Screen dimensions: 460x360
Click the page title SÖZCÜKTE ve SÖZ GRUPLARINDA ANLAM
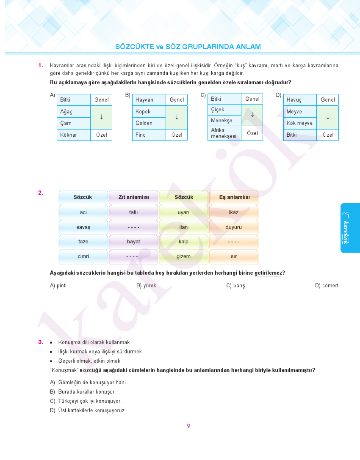click(188, 47)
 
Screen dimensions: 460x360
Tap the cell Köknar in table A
click(73, 135)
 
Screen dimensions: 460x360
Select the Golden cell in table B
click(148, 123)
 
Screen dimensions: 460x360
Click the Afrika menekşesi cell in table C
click(224, 133)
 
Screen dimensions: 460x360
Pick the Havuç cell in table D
click(299, 100)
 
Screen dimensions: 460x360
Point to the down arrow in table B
click(177, 117)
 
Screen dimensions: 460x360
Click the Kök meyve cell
click(299, 123)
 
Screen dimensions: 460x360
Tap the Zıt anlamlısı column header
click(134, 197)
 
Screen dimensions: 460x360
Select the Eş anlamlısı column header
click(234, 197)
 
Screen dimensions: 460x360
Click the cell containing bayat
click(134, 242)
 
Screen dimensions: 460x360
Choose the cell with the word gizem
click(184, 256)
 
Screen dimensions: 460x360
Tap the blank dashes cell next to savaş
click(134, 227)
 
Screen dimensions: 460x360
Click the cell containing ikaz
click(234, 212)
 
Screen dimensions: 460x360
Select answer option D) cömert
click(327, 286)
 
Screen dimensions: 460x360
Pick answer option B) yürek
click(146, 286)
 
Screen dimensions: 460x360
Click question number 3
click(41, 342)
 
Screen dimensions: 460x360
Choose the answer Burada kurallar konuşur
click(86, 392)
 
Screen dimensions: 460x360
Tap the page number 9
click(188, 426)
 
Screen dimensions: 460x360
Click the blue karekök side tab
click(350, 228)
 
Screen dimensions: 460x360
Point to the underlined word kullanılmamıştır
click(292, 370)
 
